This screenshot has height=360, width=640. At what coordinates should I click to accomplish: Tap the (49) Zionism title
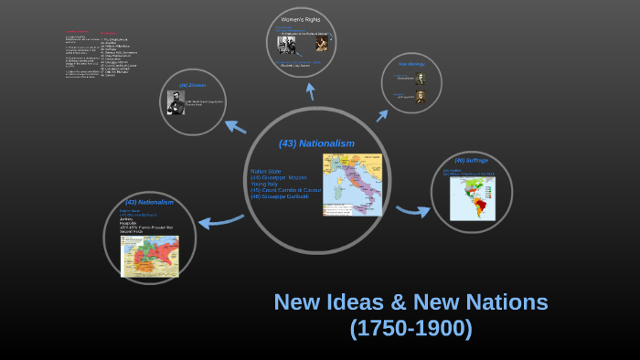point(192,86)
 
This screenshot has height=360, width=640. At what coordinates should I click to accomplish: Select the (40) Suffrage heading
point(472,161)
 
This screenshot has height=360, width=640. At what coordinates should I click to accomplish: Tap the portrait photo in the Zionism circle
point(176,102)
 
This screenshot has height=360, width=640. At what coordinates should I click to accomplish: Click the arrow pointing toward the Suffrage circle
point(412,212)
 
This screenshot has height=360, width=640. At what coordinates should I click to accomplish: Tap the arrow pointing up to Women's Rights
point(311,90)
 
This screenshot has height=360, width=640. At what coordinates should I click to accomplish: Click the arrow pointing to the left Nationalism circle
point(219,220)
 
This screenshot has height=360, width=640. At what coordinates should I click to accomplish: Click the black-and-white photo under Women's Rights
point(291,44)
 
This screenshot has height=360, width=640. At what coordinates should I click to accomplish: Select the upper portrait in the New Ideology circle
point(421,79)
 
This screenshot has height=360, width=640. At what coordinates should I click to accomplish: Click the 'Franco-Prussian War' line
point(152,227)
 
